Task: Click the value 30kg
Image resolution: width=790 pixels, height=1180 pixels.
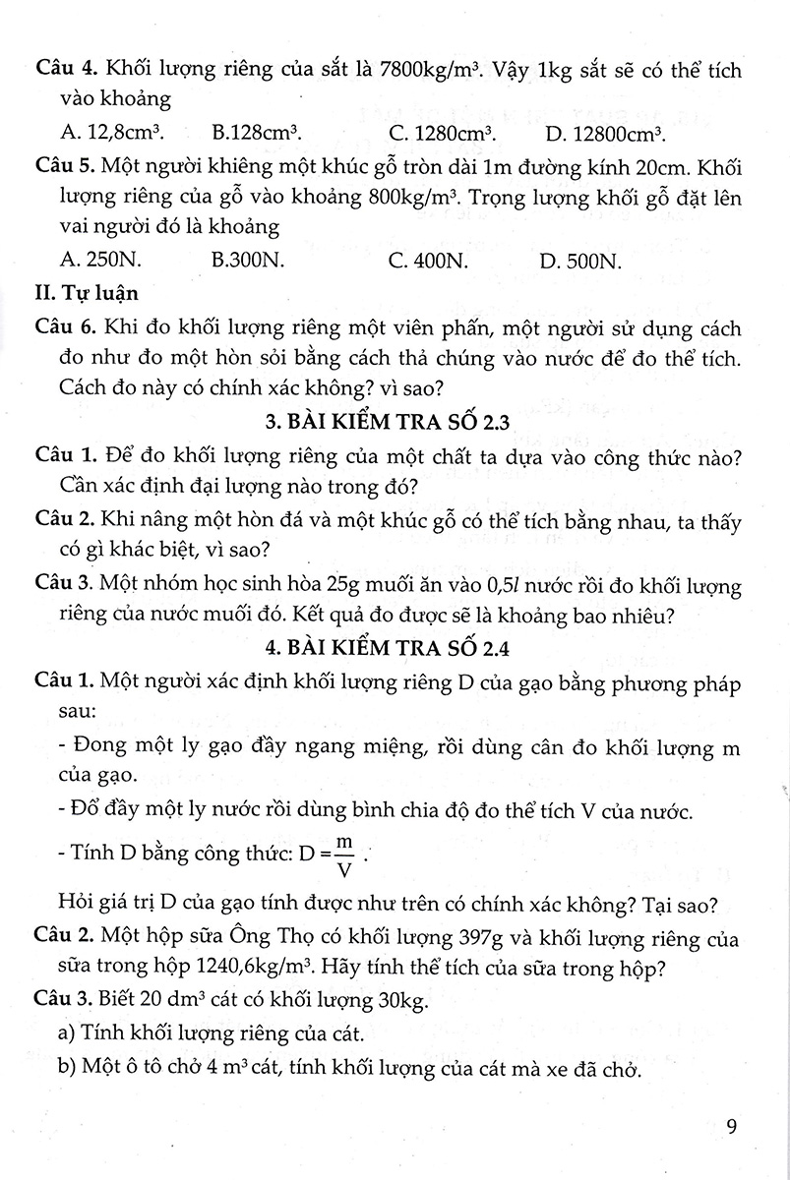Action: pos(400,1002)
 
